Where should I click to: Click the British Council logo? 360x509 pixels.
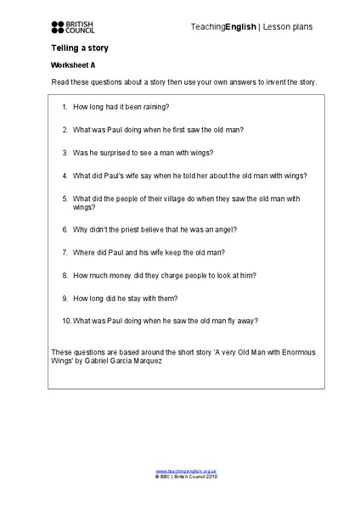click(74, 27)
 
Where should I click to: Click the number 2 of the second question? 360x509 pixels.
click(65, 130)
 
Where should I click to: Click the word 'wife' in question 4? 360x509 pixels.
click(147, 176)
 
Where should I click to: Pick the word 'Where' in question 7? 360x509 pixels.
click(85, 252)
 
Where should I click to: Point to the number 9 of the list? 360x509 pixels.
click(65, 298)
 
